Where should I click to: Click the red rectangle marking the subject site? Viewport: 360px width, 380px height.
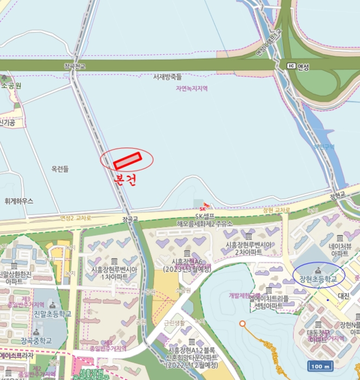pyautogui.click(x=128, y=160)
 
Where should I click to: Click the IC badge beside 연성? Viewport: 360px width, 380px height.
pyautogui.click(x=292, y=66)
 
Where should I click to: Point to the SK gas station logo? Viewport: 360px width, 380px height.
pyautogui.click(x=203, y=207)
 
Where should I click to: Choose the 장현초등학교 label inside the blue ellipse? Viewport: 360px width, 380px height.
pyautogui.click(x=318, y=279)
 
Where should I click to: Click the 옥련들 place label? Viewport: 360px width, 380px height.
pyautogui.click(x=60, y=169)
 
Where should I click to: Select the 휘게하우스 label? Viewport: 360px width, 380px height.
pyautogui.click(x=18, y=201)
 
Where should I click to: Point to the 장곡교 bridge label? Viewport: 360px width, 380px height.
pyautogui.click(x=130, y=219)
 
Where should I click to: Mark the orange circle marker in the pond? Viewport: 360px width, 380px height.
pyautogui.click(x=242, y=324)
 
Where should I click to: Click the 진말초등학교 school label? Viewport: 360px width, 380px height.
pyautogui.click(x=53, y=314)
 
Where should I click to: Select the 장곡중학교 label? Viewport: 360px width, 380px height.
pyautogui.click(x=36, y=340)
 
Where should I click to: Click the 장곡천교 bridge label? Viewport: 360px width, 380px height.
pyautogui.click(x=75, y=66)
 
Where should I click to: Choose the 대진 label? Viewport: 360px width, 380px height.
pyautogui.click(x=343, y=296)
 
